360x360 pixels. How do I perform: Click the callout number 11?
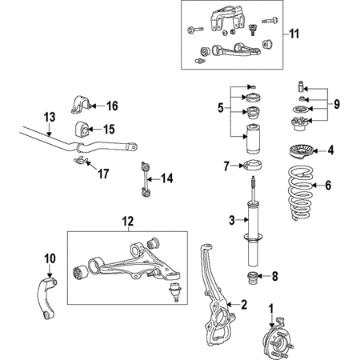[294, 34]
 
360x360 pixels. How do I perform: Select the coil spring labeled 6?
[301, 193]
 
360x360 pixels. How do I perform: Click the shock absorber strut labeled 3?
[254, 222]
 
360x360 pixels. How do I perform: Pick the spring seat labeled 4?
[301, 152]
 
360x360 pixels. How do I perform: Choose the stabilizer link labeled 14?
[145, 179]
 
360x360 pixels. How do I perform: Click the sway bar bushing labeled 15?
[82, 129]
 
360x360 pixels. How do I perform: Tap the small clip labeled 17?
[81, 160]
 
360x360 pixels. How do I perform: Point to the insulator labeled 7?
[253, 166]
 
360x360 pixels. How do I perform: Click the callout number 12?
[128, 222]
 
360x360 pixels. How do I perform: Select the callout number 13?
[50, 117]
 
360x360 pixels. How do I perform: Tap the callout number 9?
[337, 104]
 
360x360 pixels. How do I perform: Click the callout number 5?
[221, 108]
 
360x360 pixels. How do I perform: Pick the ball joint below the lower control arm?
[174, 292]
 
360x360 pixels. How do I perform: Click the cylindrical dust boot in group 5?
[253, 139]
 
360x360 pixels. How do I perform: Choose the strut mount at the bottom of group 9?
[300, 124]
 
